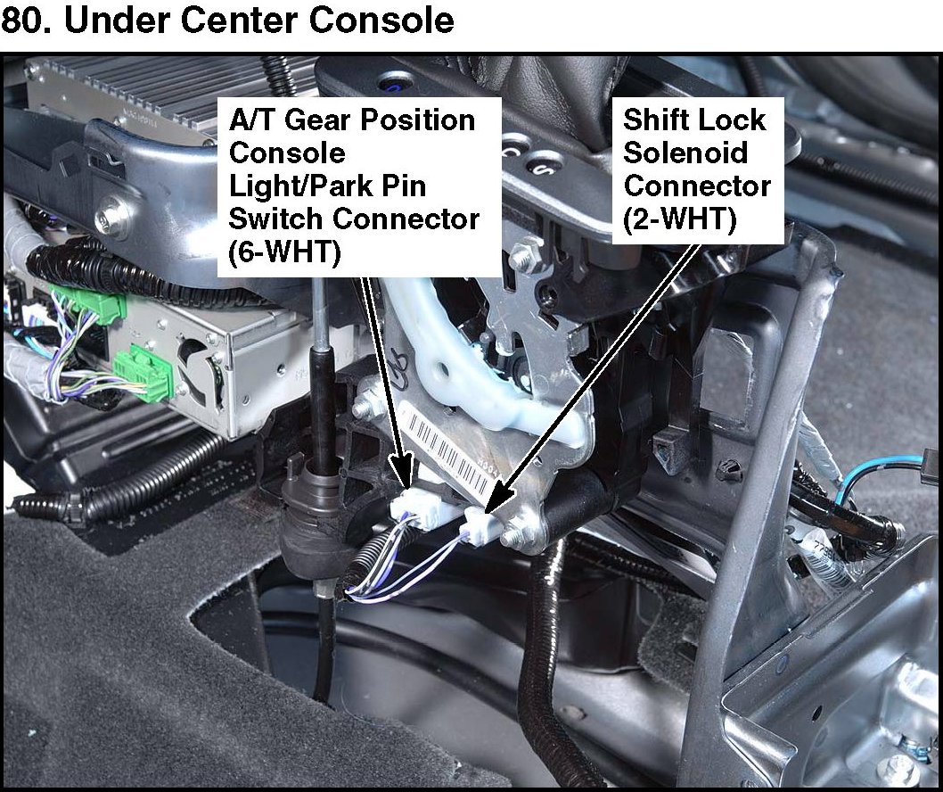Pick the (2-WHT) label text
click(x=679, y=219)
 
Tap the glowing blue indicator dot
click(x=390, y=87)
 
